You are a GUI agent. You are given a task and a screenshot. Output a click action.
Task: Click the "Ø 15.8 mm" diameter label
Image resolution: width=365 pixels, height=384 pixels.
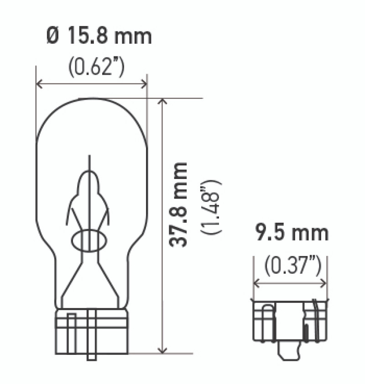coord(99,36)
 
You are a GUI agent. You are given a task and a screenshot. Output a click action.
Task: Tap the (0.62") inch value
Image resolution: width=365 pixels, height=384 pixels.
coord(96,67)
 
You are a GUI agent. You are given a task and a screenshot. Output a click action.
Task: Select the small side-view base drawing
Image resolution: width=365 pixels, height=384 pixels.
coord(290,321)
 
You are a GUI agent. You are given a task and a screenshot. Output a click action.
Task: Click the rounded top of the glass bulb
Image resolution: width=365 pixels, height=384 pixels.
coord(91,102)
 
